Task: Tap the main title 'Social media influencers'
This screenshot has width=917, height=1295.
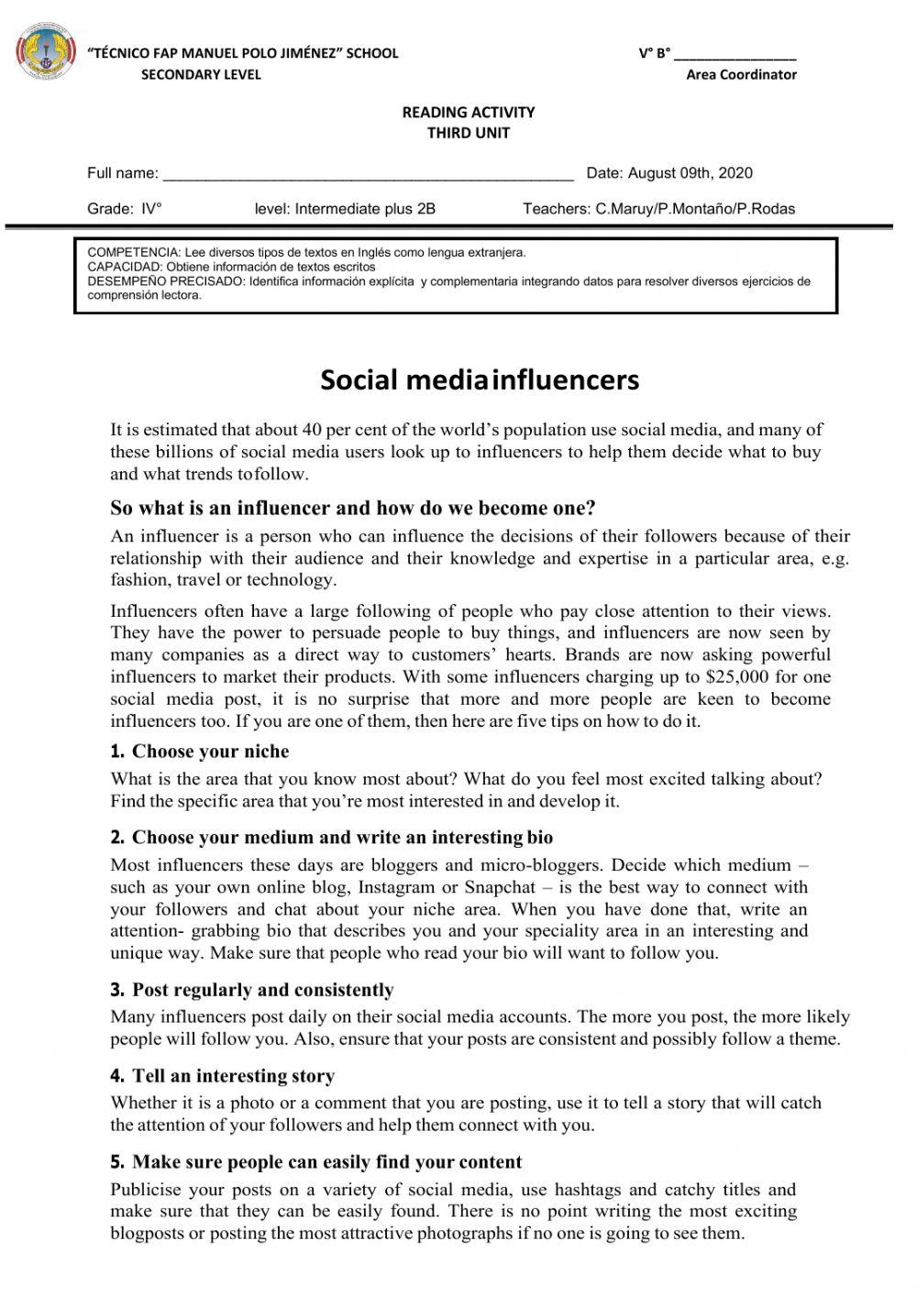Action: click(479, 379)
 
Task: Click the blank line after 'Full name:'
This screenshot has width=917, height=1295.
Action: click(368, 174)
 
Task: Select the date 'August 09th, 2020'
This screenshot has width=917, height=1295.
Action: click(690, 173)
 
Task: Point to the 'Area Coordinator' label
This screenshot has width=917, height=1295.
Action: click(741, 75)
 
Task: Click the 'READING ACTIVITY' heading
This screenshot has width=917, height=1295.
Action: click(468, 112)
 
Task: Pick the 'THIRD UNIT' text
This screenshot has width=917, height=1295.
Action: click(468, 133)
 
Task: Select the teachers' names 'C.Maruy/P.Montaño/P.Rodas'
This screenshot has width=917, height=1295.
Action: click(695, 209)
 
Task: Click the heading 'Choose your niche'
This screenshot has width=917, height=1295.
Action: click(210, 752)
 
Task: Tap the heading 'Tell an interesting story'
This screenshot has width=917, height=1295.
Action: click(233, 1076)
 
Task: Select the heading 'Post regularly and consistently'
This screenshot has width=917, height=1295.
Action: click(262, 990)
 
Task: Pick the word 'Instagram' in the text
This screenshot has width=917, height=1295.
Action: click(397, 887)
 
